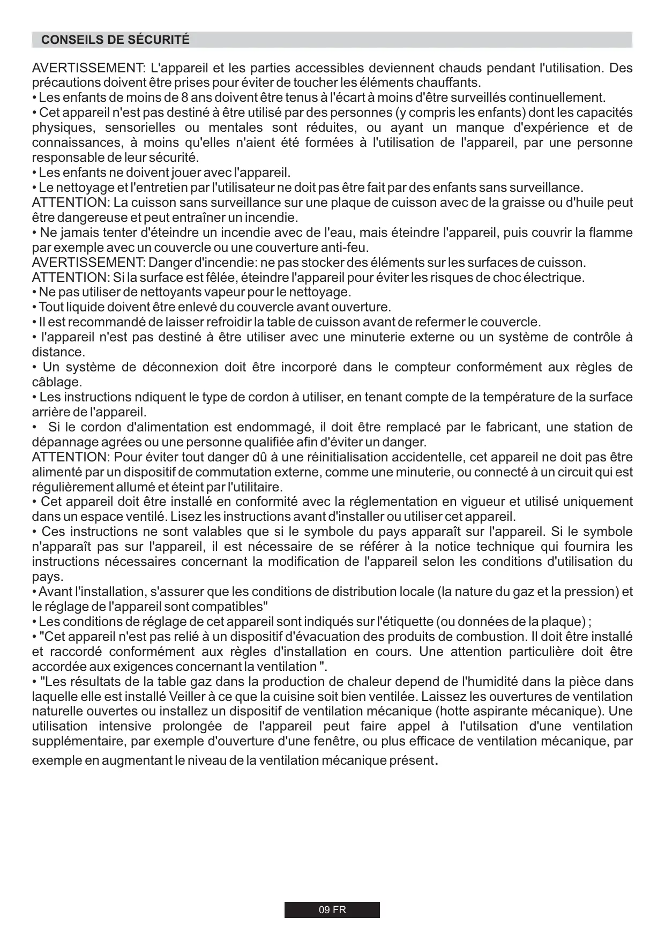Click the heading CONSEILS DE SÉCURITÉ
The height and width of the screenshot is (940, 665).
point(115,40)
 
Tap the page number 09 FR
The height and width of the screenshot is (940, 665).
point(332,910)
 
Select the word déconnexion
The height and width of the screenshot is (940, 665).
point(180,368)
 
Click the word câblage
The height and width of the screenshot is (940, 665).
point(56,383)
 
